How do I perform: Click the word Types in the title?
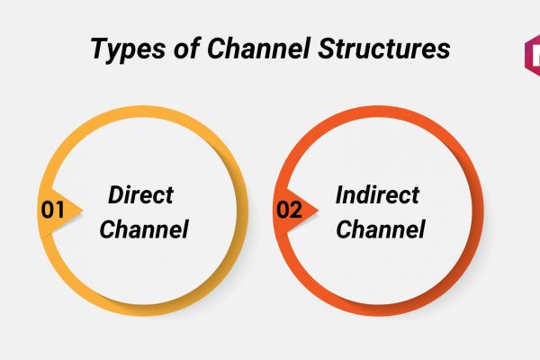click(128, 49)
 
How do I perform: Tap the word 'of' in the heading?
click(187, 48)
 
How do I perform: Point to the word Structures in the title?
click(384, 48)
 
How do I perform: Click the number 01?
click(52, 210)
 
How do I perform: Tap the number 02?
click(289, 210)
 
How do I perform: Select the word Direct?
click(141, 194)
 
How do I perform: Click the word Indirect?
click(377, 194)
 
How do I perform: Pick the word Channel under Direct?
click(144, 229)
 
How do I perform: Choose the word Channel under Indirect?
click(381, 229)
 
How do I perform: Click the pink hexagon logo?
click(533, 55)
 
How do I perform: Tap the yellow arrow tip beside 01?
click(83, 210)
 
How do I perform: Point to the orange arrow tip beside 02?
click(319, 210)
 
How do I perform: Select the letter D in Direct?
click(116, 195)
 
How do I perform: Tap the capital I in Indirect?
click(340, 195)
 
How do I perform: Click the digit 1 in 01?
click(59, 210)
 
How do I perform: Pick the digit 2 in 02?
click(296, 210)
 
